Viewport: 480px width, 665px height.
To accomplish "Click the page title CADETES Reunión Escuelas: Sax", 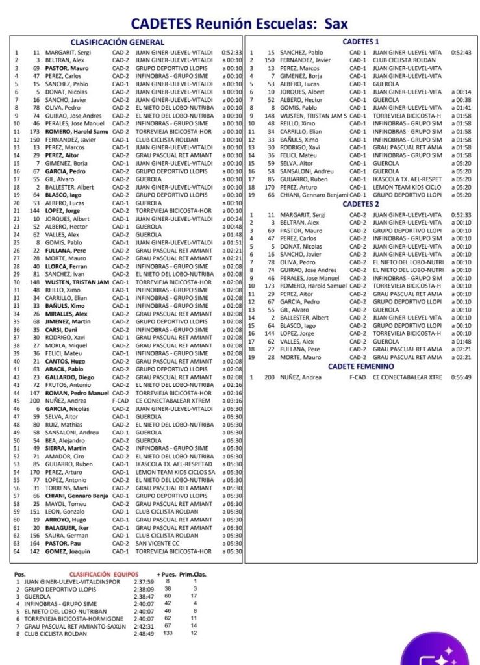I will [x=239, y=24].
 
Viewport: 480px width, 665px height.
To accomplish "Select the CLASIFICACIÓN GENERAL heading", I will [x=117, y=42].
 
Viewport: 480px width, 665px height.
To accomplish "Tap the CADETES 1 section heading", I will [x=361, y=42].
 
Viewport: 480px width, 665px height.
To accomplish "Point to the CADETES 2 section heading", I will [x=361, y=204].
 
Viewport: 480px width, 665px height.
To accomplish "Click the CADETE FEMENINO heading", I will [x=361, y=366].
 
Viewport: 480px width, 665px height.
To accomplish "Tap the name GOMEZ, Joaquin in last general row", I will [x=68, y=551].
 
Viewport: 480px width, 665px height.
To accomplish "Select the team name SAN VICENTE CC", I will [x=157, y=544].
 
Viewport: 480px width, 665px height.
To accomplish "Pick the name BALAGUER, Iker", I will [x=68, y=527].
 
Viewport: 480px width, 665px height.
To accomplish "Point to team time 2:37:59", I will [x=143, y=582].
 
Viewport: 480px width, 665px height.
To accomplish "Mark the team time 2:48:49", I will [x=143, y=633].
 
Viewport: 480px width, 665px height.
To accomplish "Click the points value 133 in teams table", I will [x=168, y=633].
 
